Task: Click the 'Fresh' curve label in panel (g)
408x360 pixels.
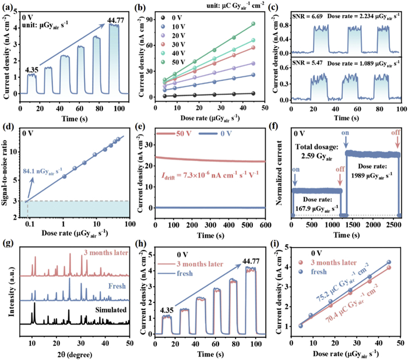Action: pos(118,286)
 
